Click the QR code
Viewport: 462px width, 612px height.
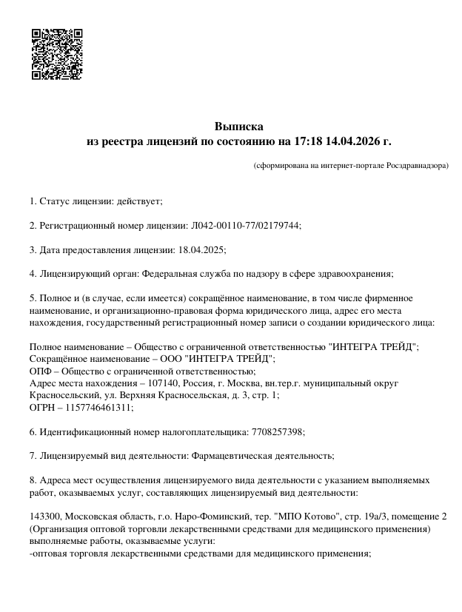[x=56, y=54]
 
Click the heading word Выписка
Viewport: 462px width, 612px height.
[x=238, y=126]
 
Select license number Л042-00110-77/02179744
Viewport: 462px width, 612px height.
[x=241, y=226]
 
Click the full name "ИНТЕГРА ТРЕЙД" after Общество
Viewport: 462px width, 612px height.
[x=373, y=346]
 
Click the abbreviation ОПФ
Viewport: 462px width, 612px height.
[x=41, y=371]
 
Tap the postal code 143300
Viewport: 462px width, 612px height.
[x=44, y=516]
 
